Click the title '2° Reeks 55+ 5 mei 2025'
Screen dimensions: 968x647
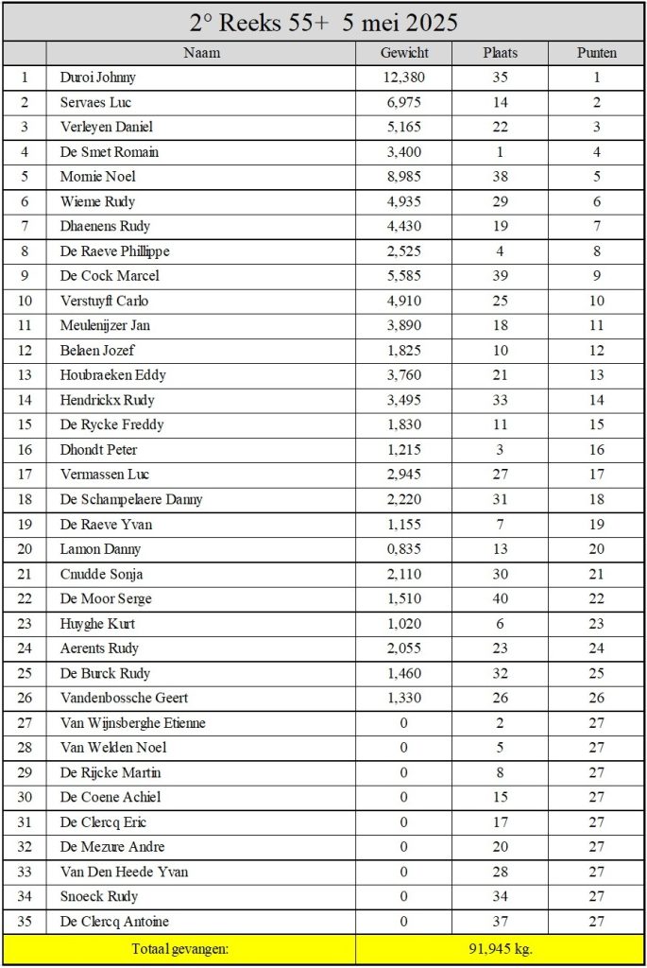point(323,22)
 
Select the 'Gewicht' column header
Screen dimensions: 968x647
point(404,53)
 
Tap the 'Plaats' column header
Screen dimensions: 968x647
point(500,53)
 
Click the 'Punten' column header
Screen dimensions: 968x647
point(596,53)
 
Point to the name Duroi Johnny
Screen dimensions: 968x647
point(98,78)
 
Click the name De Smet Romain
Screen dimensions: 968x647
point(110,152)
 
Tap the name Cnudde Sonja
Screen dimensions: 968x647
point(102,574)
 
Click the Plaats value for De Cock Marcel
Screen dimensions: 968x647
point(500,276)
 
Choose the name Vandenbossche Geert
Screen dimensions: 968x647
point(124,698)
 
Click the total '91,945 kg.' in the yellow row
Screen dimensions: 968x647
point(500,949)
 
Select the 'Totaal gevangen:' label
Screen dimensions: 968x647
point(179,949)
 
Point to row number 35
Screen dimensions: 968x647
point(25,922)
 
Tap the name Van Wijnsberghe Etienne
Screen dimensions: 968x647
point(133,723)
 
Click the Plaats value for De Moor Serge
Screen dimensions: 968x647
point(500,598)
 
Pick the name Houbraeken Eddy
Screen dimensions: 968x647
point(113,375)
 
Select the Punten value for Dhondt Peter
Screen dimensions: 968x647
point(596,450)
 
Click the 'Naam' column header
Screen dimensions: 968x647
point(201,53)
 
